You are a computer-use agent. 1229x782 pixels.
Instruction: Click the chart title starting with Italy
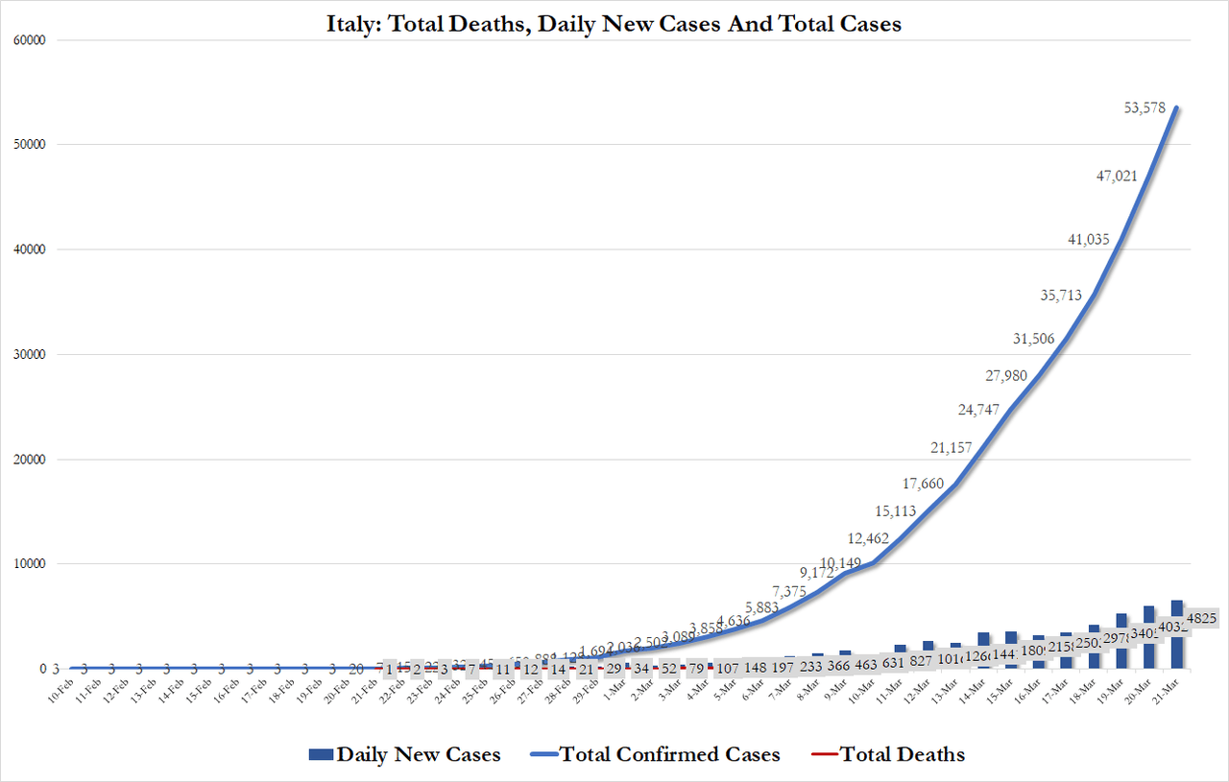tap(614, 24)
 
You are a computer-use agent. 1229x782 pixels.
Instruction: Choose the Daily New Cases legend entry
tap(404, 754)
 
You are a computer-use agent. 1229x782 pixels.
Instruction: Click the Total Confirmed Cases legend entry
tap(655, 754)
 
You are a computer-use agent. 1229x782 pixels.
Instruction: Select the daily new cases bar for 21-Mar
tap(1177, 634)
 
